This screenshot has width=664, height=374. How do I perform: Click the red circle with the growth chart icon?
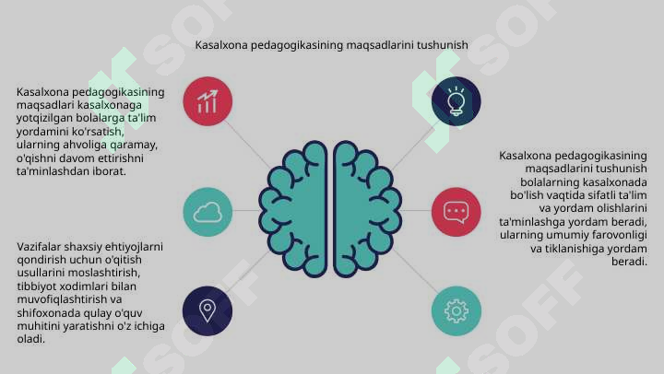[x=207, y=101]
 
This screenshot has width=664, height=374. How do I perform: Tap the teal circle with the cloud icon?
[x=207, y=212]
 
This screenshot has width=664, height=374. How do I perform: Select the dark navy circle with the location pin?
[x=207, y=311]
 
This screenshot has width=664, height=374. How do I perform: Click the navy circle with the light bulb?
[x=456, y=101]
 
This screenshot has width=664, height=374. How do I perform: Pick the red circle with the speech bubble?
[x=456, y=212]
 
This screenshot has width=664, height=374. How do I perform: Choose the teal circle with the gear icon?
[x=456, y=311]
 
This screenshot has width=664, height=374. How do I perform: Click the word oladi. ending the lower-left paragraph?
[x=31, y=339]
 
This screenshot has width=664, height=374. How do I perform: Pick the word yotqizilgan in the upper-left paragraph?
[x=45, y=118]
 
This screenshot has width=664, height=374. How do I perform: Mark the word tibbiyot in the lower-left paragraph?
[x=36, y=286]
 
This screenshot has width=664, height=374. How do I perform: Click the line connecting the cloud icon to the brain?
[x=245, y=210]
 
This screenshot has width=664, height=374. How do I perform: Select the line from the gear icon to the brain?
[x=413, y=271]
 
